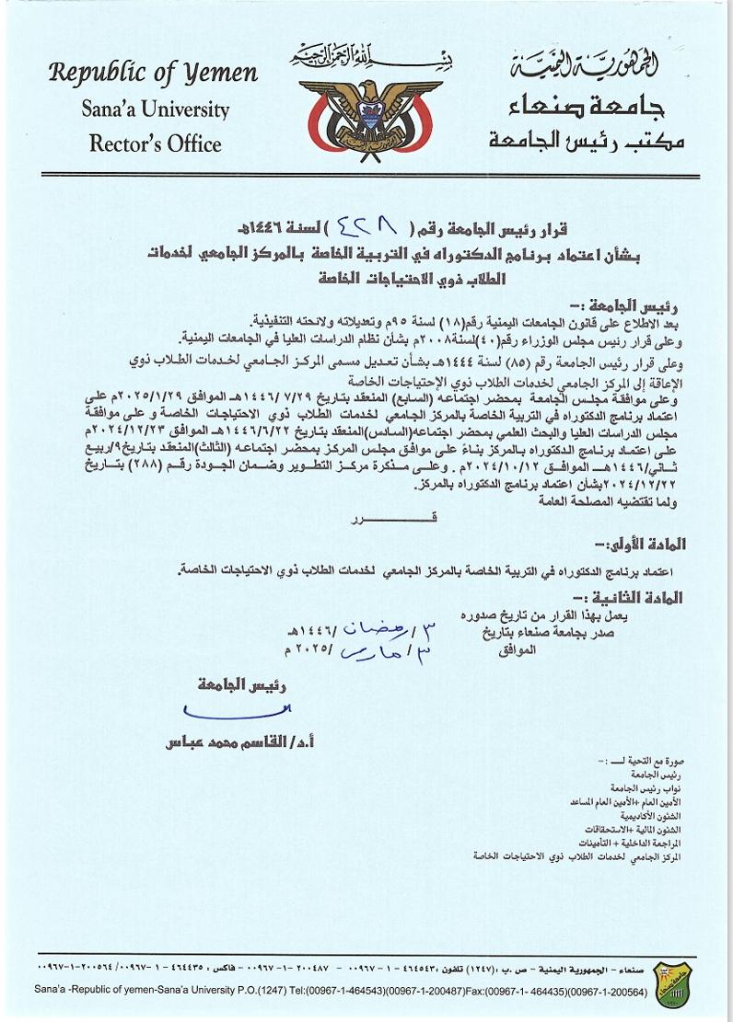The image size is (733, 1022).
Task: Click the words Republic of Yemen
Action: [153, 73]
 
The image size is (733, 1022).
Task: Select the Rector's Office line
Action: [155, 144]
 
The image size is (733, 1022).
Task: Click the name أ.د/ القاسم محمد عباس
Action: [235, 741]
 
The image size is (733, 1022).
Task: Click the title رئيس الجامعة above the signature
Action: [241, 684]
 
